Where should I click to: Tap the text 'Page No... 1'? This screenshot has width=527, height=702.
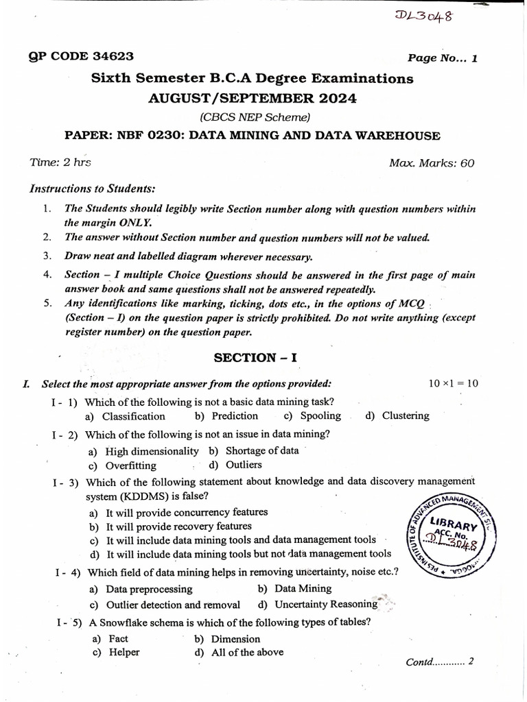click(x=443, y=58)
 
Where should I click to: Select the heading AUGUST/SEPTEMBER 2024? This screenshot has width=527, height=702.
click(x=253, y=98)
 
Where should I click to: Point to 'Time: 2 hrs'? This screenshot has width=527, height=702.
click(x=60, y=162)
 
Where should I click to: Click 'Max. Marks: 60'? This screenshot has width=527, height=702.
click(x=432, y=163)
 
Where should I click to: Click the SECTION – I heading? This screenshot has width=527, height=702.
click(x=255, y=357)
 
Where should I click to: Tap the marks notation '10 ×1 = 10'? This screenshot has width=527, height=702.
click(x=453, y=383)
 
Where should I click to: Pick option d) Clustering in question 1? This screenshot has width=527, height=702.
click(x=397, y=415)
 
